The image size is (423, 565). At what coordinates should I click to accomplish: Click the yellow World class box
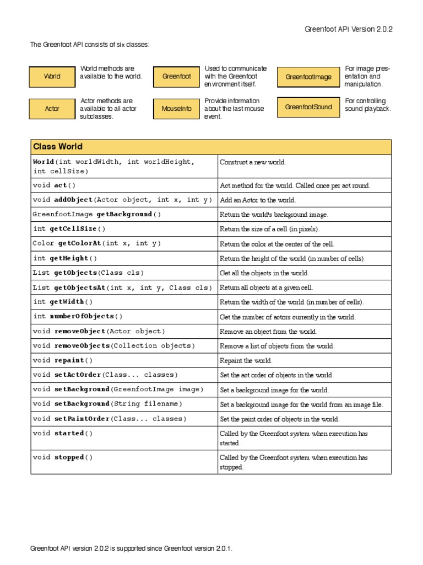tap(52, 77)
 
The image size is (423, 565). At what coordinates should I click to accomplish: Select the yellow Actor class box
tap(52, 109)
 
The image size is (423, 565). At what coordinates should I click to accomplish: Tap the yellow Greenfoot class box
tap(176, 77)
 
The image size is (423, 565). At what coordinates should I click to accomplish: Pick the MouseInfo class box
tap(176, 109)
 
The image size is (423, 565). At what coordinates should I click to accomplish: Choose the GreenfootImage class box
tap(308, 77)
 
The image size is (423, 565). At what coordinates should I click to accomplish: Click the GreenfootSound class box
tap(308, 107)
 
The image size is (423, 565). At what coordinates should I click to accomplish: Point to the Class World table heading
tap(58, 147)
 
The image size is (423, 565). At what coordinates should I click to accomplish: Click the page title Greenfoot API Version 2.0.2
tap(349, 30)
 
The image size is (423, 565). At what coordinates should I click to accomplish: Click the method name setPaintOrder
tap(82, 419)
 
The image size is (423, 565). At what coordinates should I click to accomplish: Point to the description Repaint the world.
tap(246, 361)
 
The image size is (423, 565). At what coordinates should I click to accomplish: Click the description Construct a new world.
tap(253, 162)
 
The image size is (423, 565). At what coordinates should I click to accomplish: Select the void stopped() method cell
tap(63, 457)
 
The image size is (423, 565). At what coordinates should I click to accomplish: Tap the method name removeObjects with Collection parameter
tap(82, 346)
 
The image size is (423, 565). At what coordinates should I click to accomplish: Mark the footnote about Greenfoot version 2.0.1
tap(131, 548)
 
